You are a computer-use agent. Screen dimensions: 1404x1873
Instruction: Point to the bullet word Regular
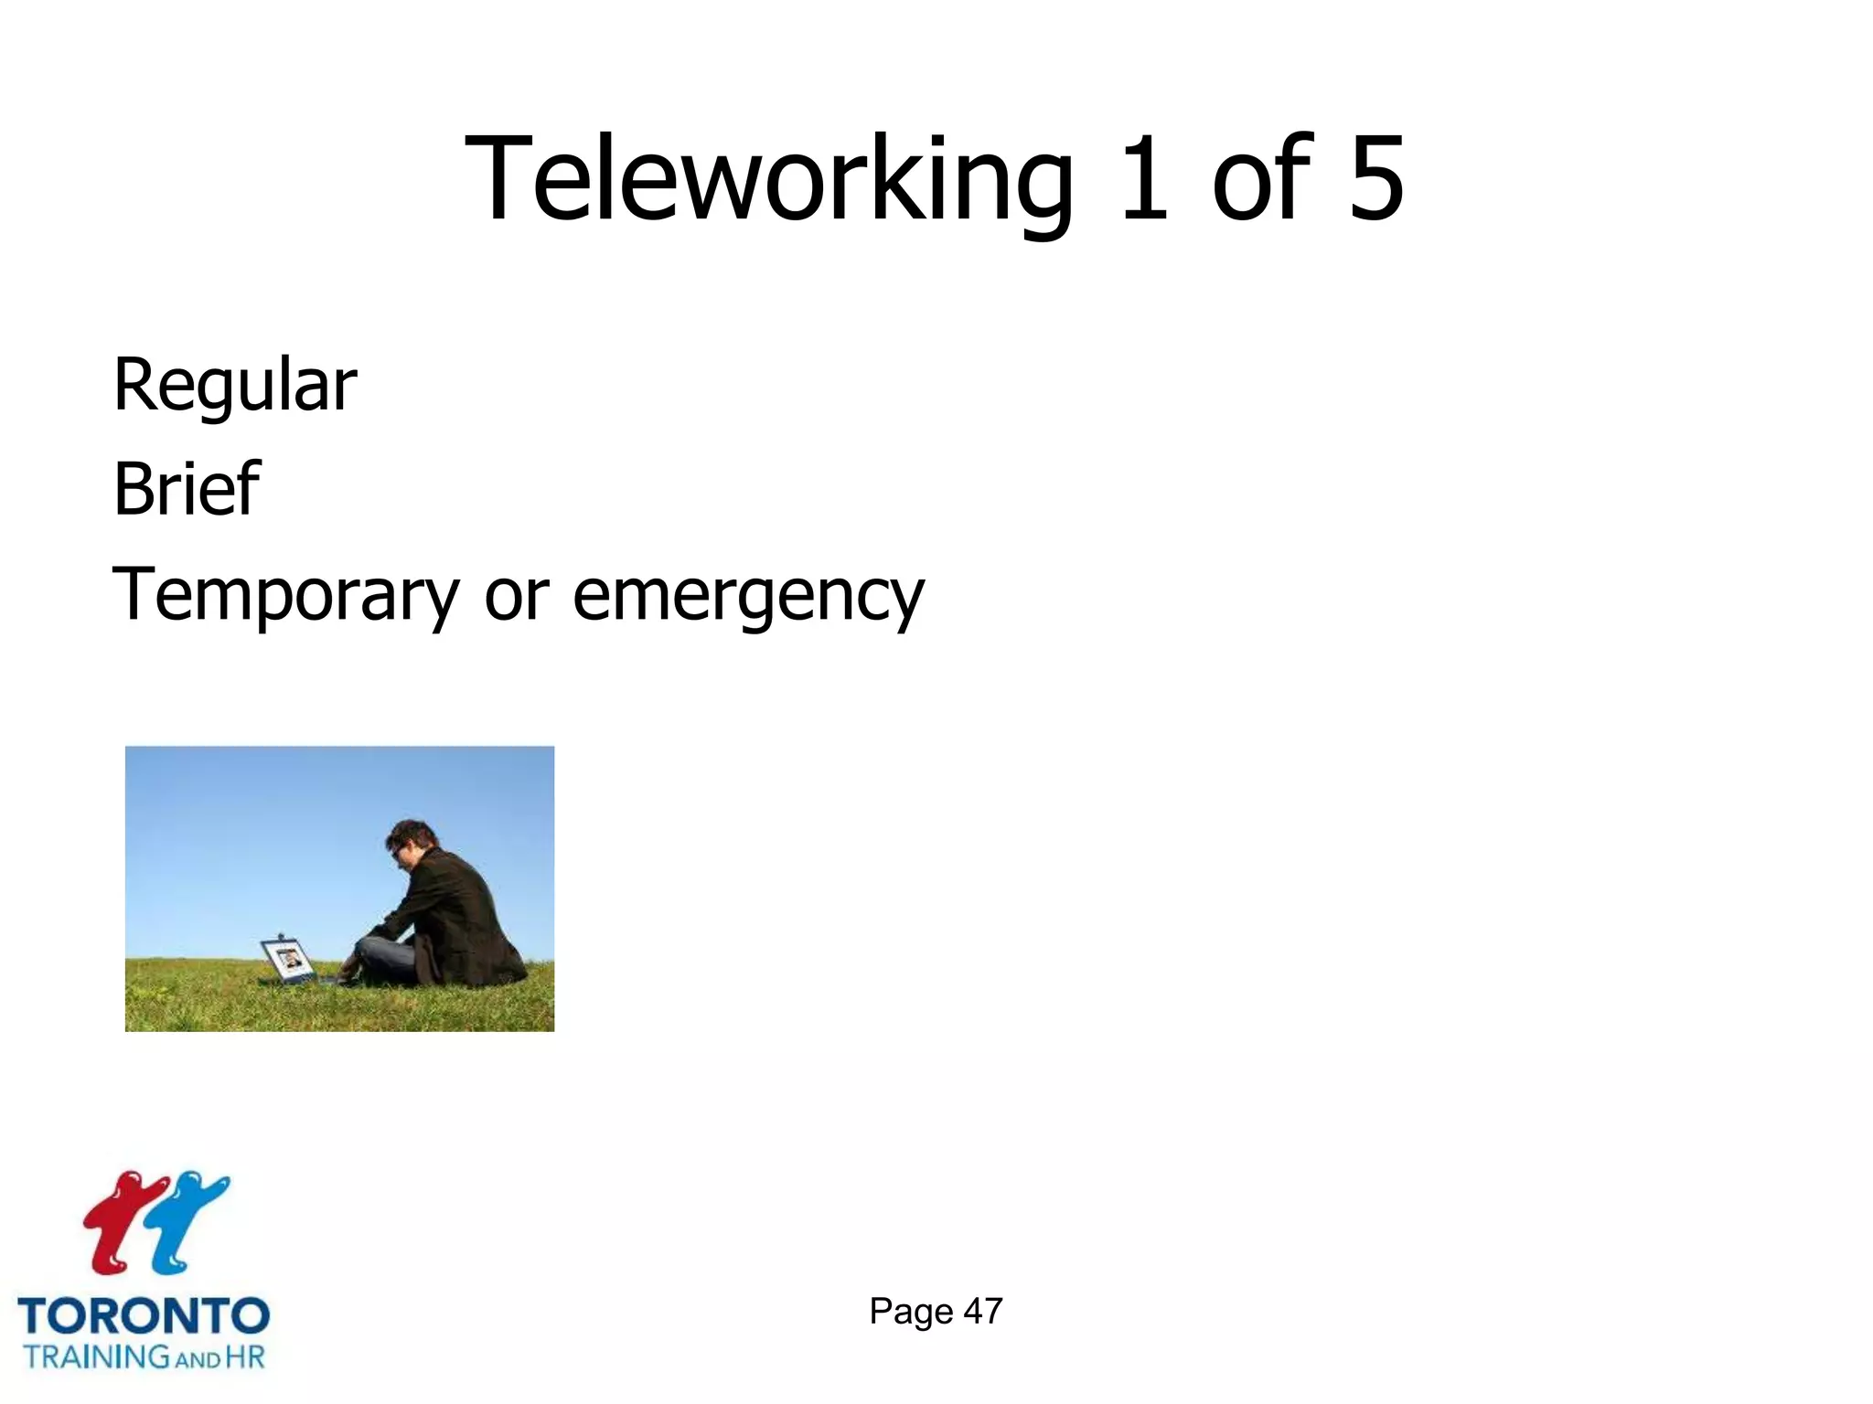(235, 386)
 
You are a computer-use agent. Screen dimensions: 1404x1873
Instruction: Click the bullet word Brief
(187, 489)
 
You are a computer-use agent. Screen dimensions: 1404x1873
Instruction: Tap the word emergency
(748, 596)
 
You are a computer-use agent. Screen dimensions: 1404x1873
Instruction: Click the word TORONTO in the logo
(144, 1317)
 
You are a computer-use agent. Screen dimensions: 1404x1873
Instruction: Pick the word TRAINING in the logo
(96, 1356)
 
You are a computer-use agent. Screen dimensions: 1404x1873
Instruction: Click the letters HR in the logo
(245, 1356)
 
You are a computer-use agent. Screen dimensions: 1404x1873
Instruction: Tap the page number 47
(983, 1311)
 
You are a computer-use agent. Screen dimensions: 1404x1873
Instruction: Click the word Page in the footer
(911, 1311)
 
